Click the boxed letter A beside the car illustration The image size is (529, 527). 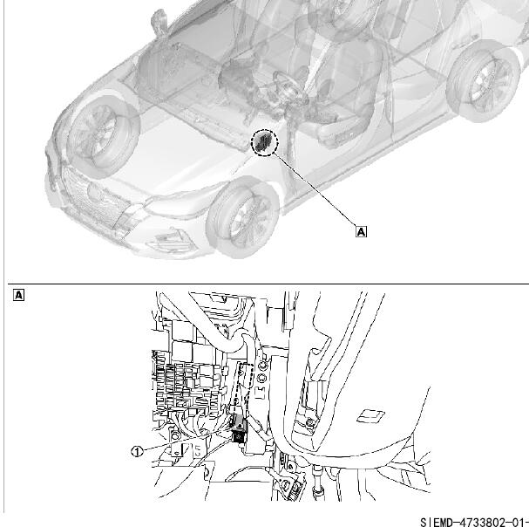point(361,232)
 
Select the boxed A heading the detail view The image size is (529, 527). point(19,295)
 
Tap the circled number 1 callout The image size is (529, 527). point(137,451)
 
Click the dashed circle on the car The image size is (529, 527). point(265,143)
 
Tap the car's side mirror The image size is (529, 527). point(158,22)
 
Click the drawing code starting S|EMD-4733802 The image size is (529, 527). point(474,521)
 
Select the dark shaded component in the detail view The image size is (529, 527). point(239,430)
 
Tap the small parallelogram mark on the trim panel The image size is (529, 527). point(370,416)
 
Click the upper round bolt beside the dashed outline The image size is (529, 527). point(262,366)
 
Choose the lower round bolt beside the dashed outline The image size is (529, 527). point(261,378)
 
